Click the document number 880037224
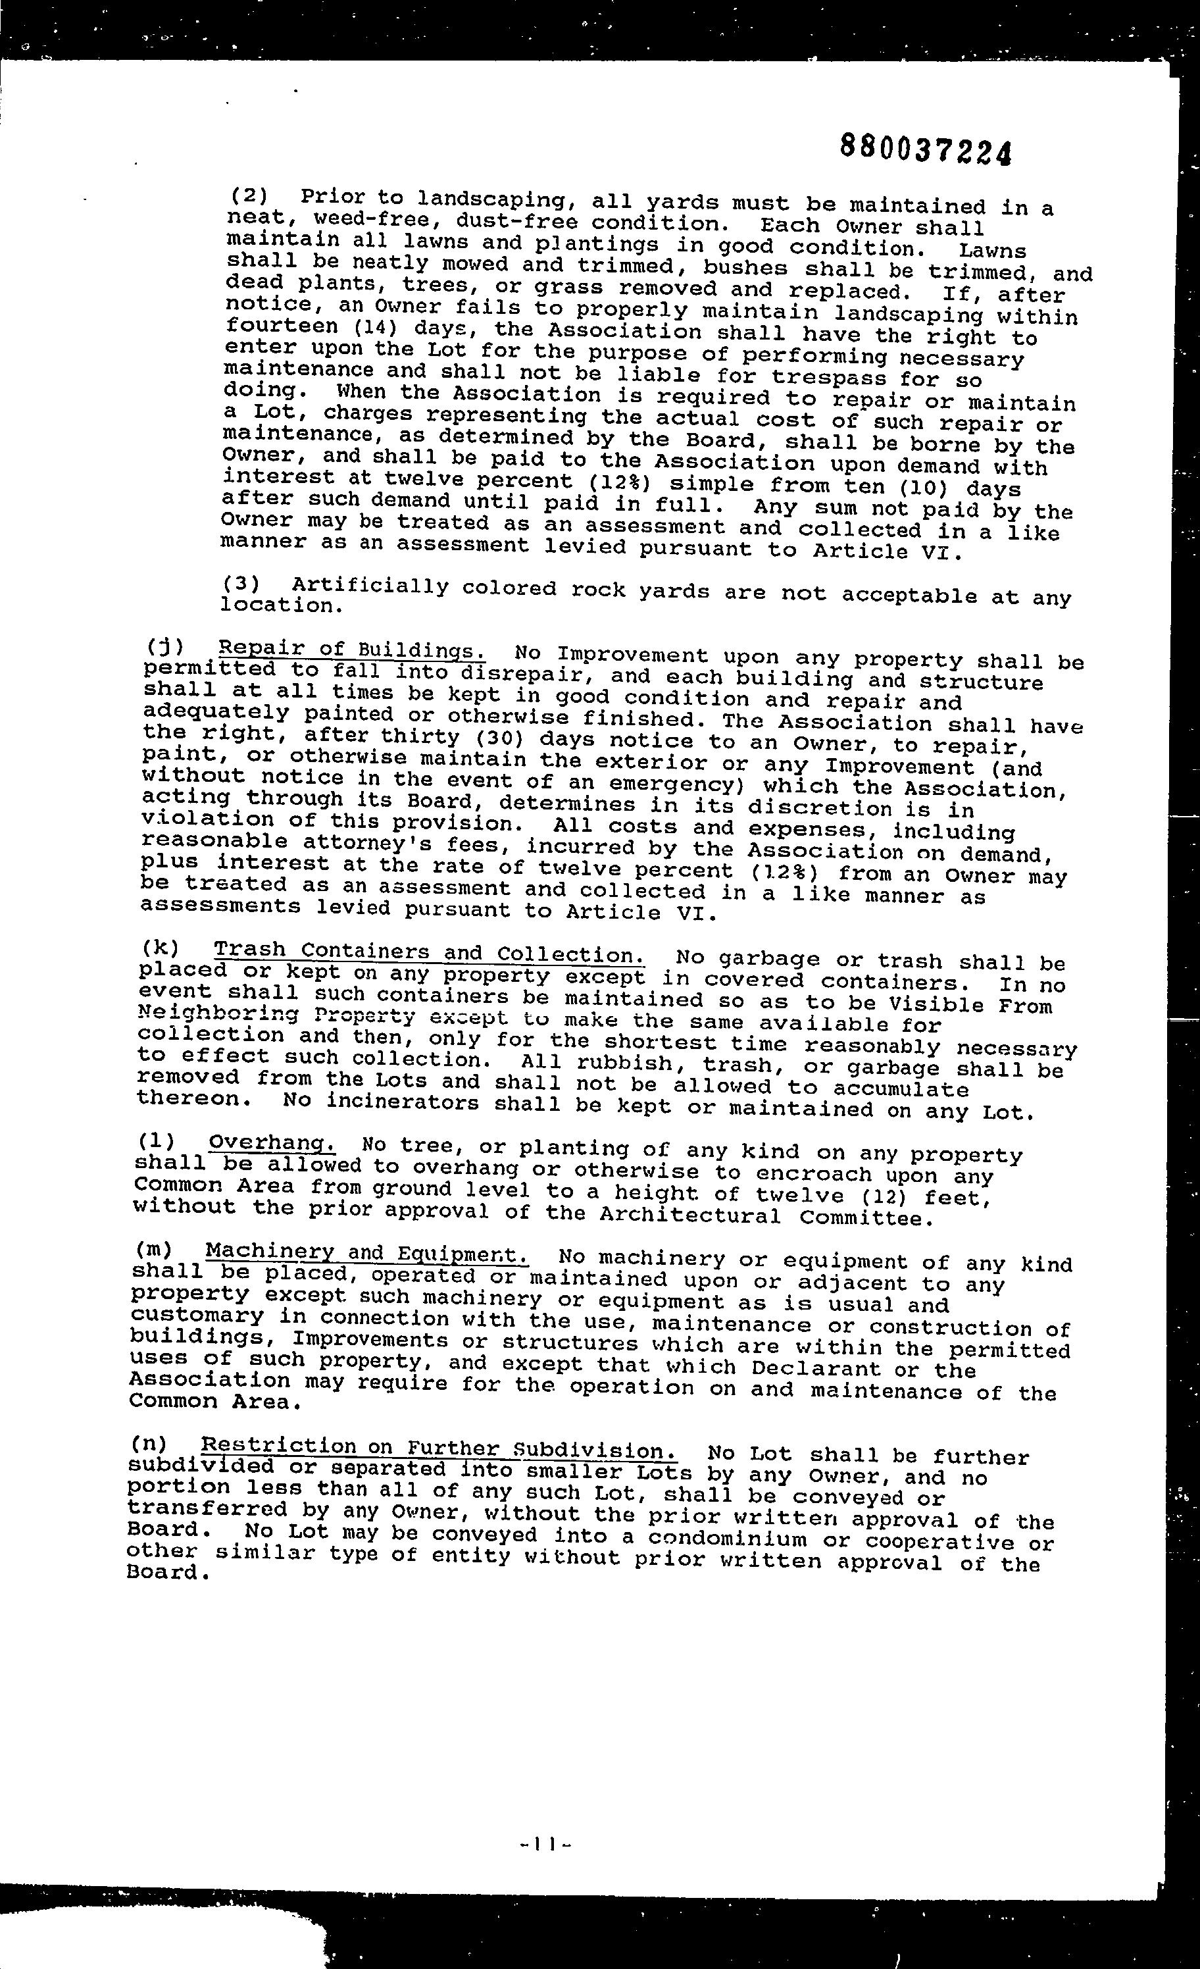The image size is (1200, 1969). pyautogui.click(x=925, y=149)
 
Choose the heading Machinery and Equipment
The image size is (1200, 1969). pyautogui.click(x=366, y=1253)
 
